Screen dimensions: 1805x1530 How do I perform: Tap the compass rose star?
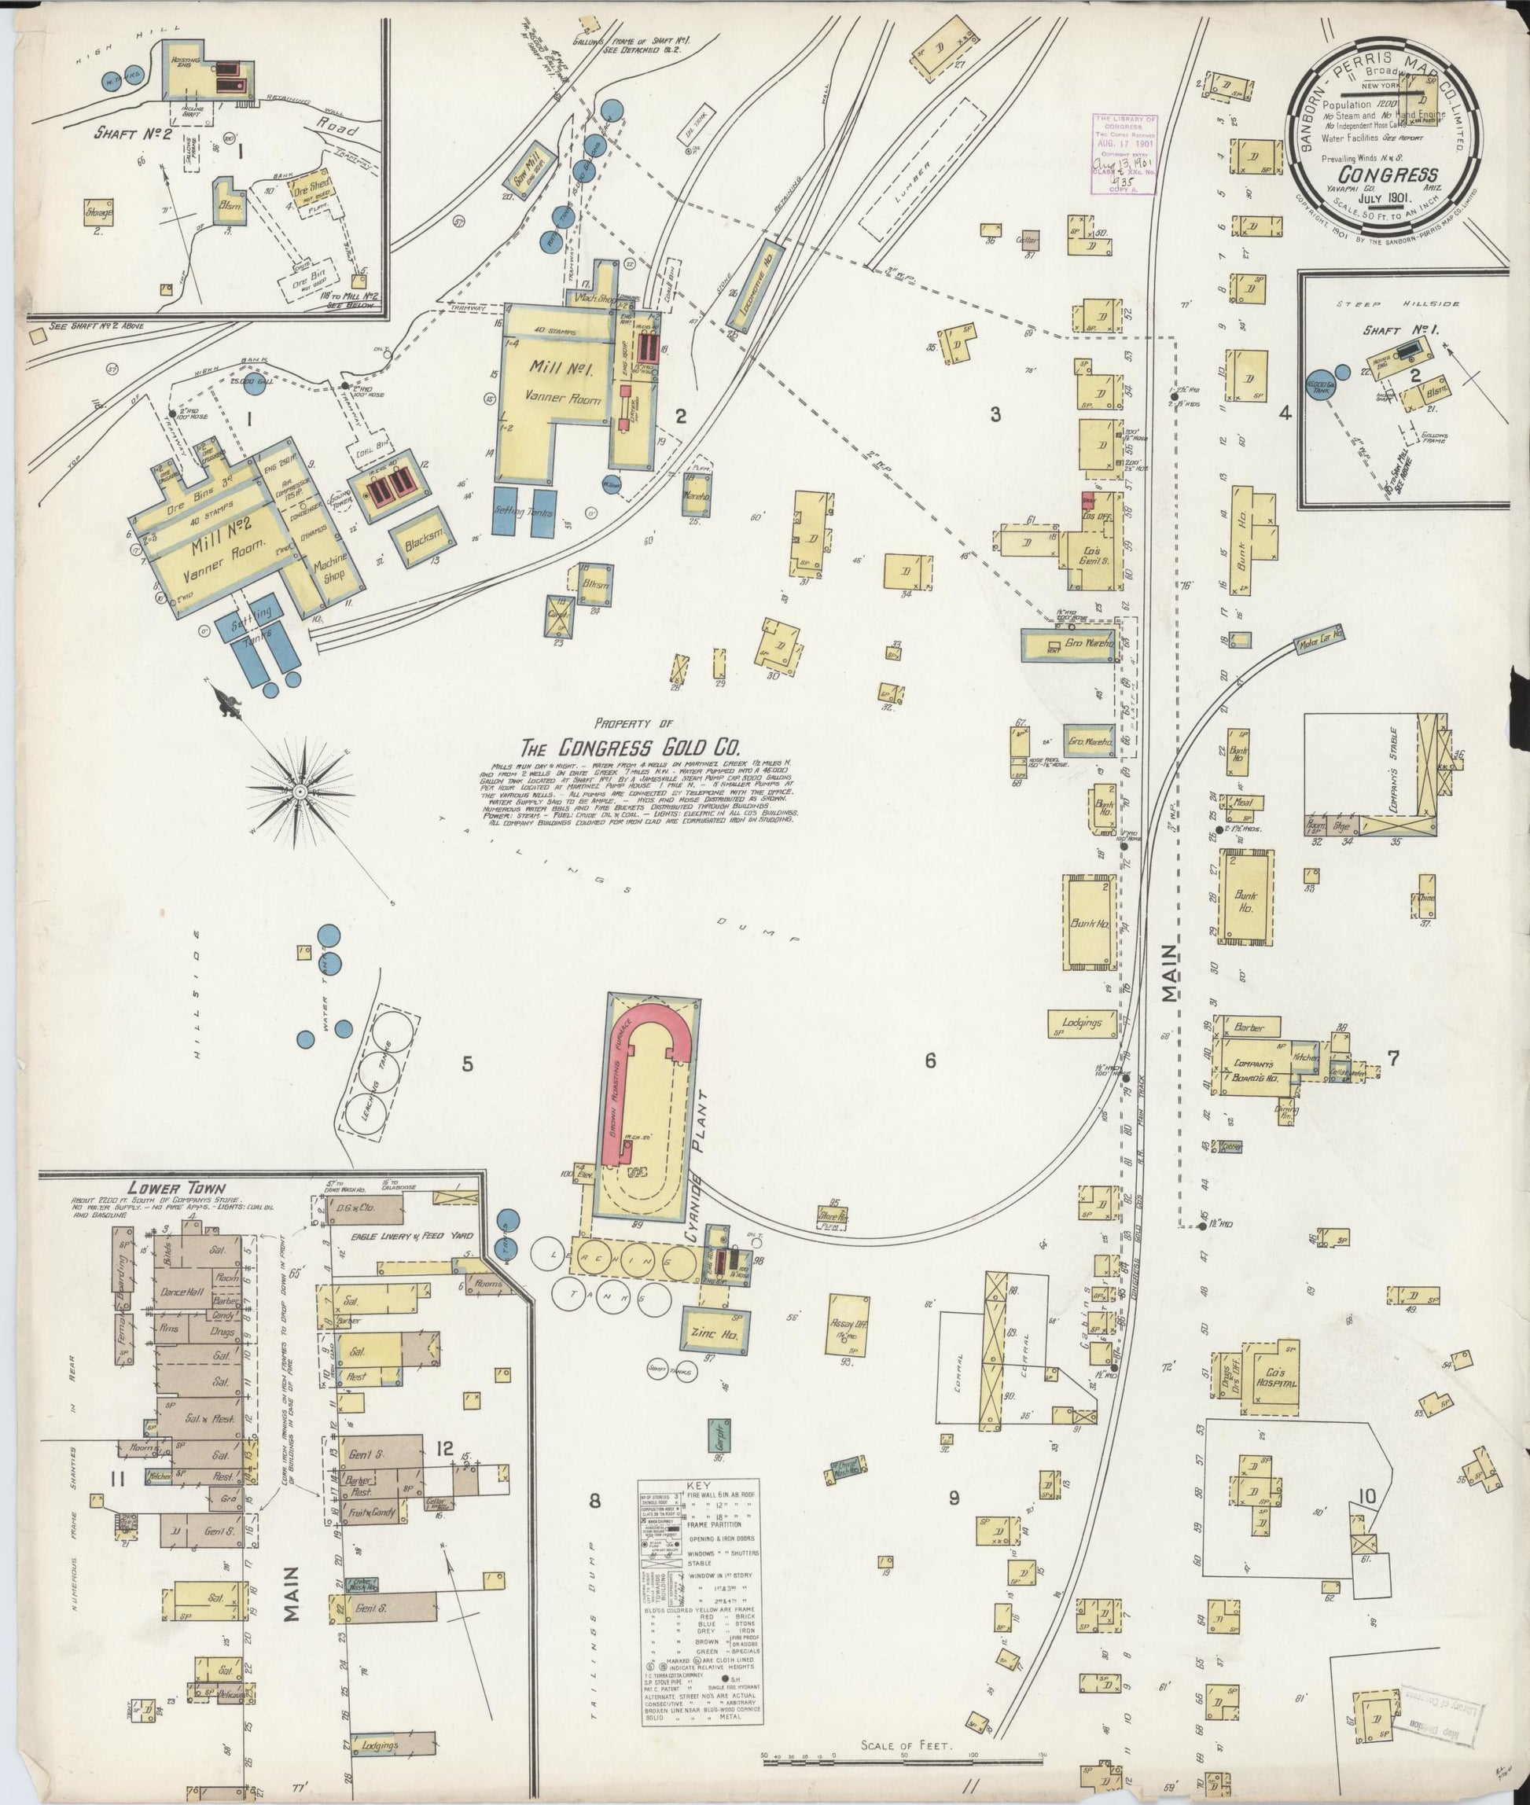pyautogui.click(x=300, y=791)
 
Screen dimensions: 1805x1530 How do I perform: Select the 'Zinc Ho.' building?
pyautogui.click(x=714, y=1336)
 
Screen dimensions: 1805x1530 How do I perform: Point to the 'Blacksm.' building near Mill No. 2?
pyautogui.click(x=424, y=540)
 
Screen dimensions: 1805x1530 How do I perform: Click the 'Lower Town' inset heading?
pyautogui.click(x=165, y=1187)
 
